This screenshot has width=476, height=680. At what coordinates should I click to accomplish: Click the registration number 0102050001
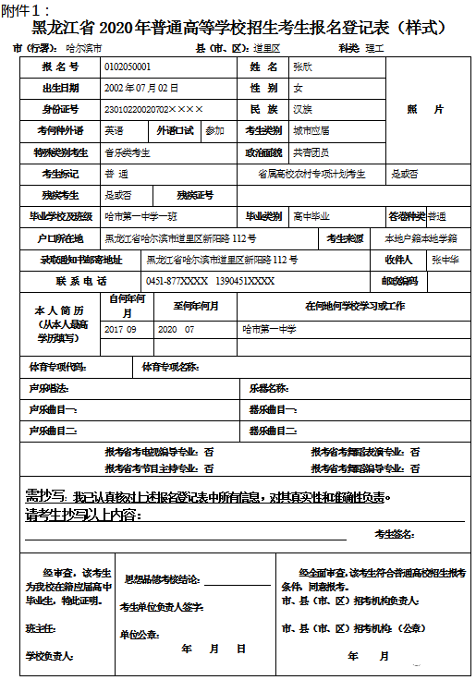point(128,67)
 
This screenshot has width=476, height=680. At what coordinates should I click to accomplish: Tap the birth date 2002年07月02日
point(141,89)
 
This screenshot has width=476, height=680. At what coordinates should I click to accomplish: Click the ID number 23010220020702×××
point(152,109)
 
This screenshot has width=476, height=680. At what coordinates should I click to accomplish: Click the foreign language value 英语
point(114,130)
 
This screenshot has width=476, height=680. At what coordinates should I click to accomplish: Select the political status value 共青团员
point(311,152)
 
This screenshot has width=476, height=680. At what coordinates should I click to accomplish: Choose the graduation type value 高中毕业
point(311,216)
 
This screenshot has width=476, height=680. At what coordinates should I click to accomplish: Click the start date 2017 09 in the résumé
point(120,329)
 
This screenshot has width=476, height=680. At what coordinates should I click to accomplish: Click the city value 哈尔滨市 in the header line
point(82,46)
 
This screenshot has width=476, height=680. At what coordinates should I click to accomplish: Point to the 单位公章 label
point(140,634)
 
